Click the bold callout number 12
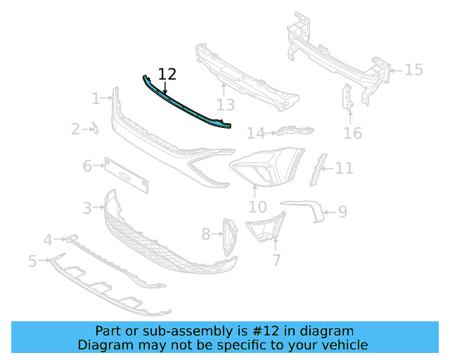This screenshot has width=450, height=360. click(167, 75)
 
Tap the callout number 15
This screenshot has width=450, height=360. click(414, 70)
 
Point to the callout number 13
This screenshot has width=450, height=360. click(226, 105)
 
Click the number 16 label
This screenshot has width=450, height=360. click(353, 134)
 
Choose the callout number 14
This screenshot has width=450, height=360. click(256, 134)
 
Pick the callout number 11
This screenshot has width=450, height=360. click(344, 168)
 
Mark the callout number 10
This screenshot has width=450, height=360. click(257, 207)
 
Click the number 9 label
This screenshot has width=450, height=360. click(342, 212)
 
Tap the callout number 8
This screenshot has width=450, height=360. click(206, 234)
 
